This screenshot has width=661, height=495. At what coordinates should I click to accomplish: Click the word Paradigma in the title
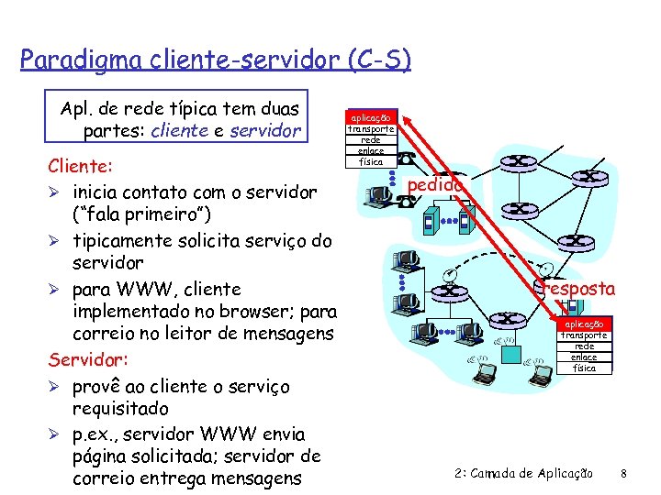(69, 60)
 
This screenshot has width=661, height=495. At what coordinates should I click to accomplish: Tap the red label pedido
(434, 185)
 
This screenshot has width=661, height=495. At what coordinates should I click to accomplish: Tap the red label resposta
(580, 289)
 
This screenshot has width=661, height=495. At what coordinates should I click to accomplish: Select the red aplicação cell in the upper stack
(371, 117)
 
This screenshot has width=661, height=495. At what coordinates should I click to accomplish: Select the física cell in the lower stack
(584, 368)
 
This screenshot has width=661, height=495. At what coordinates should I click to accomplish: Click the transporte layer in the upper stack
(371, 129)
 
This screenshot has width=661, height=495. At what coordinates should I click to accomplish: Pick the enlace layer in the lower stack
(584, 357)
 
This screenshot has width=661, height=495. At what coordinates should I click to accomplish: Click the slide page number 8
(623, 473)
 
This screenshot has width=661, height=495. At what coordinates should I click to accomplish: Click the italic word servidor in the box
(266, 131)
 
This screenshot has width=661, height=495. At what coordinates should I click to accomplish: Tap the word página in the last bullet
(104, 456)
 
